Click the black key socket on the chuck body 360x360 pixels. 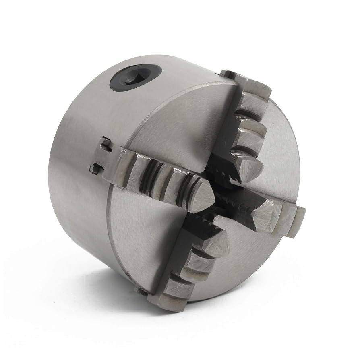[x=135, y=78]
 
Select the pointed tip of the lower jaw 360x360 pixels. [x=219, y=242]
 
